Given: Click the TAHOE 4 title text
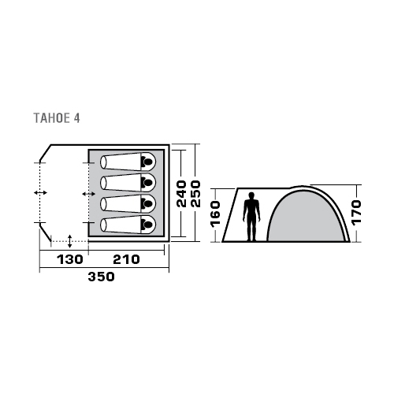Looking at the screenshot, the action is click(57, 118).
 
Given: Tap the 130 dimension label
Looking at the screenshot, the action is click(70, 259).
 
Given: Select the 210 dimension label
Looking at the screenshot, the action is click(126, 259).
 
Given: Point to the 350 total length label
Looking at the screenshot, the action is click(102, 277).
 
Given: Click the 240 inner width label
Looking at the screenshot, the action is click(181, 194).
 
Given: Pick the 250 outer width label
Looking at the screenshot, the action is click(195, 194).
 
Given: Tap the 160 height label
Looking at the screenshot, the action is click(215, 214).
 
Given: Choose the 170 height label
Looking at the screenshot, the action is click(356, 212).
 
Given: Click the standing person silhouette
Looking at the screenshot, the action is click(251, 217).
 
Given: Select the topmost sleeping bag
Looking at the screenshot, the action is click(128, 162).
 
